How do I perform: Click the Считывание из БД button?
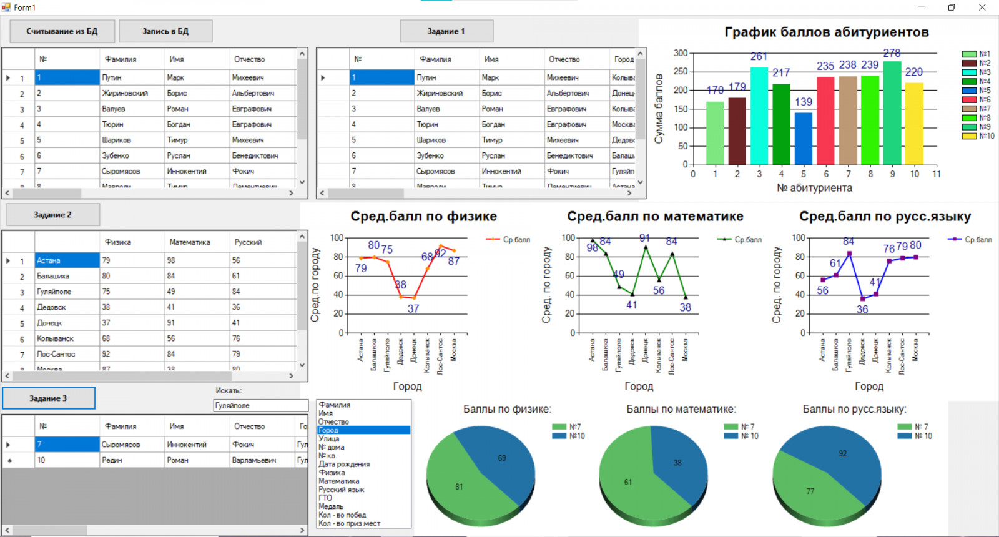coord(62,31)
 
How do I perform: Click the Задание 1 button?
coord(446,31)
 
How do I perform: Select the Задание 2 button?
coord(52,215)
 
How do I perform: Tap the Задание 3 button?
coord(48,398)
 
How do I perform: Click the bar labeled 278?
coord(892,112)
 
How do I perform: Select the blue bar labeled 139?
coord(803,138)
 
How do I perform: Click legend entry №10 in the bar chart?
coord(978,136)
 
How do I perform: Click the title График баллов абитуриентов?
coord(826,32)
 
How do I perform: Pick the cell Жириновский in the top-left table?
coord(125,93)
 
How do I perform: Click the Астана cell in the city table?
coord(66,260)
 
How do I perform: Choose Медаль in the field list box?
coord(331,506)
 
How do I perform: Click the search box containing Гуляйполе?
coord(260,406)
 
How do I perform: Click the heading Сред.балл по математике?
coord(655,217)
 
